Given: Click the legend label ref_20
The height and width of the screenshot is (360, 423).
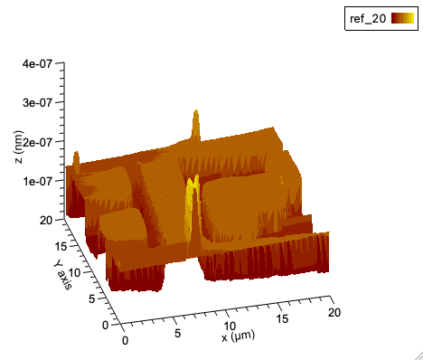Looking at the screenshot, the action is (x=368, y=19).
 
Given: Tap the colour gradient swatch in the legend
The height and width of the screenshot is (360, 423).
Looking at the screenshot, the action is (x=402, y=18).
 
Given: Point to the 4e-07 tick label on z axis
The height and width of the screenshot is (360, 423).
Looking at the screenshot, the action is (x=37, y=63).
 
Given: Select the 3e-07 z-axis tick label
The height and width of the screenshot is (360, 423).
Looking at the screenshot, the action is (x=37, y=102).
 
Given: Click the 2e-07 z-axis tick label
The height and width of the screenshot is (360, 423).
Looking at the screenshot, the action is (x=37, y=142).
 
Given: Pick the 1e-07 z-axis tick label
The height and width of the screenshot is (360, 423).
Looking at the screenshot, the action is (x=37, y=181).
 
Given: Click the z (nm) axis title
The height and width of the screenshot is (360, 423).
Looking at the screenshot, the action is (x=18, y=147).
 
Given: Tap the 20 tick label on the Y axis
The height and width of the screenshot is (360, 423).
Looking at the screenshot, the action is (x=46, y=221).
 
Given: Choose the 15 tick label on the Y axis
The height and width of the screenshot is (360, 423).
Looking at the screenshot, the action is (x=61, y=246).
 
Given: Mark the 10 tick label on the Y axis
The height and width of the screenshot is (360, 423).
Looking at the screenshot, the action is (x=74, y=272).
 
